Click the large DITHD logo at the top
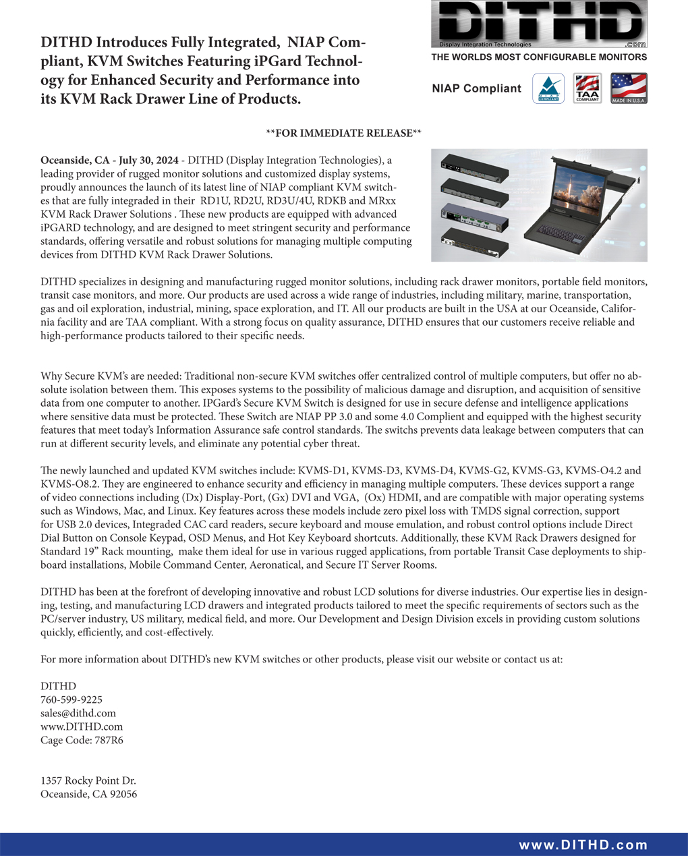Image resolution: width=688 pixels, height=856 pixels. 539,24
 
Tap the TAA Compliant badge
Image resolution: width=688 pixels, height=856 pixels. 587,88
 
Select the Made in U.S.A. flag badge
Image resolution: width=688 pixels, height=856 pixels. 629,88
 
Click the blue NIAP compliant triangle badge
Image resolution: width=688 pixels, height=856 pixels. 548,88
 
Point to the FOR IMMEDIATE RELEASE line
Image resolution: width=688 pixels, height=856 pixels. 343,134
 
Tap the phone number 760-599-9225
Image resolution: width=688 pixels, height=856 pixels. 71,700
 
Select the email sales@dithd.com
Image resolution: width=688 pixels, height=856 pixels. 78,714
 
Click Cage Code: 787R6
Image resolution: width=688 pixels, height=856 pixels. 82,741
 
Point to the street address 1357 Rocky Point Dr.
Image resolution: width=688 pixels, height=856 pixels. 88,781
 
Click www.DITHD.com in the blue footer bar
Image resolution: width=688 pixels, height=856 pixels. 583,845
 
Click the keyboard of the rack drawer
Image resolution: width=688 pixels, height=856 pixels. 567,236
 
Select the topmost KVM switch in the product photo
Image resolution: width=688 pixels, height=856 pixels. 474,166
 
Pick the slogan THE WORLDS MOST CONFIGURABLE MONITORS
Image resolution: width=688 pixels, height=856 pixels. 539,58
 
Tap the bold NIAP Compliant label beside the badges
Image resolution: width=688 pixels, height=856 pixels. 476,88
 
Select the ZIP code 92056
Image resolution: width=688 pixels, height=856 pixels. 123,795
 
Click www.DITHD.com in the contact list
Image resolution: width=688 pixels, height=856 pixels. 82,727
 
